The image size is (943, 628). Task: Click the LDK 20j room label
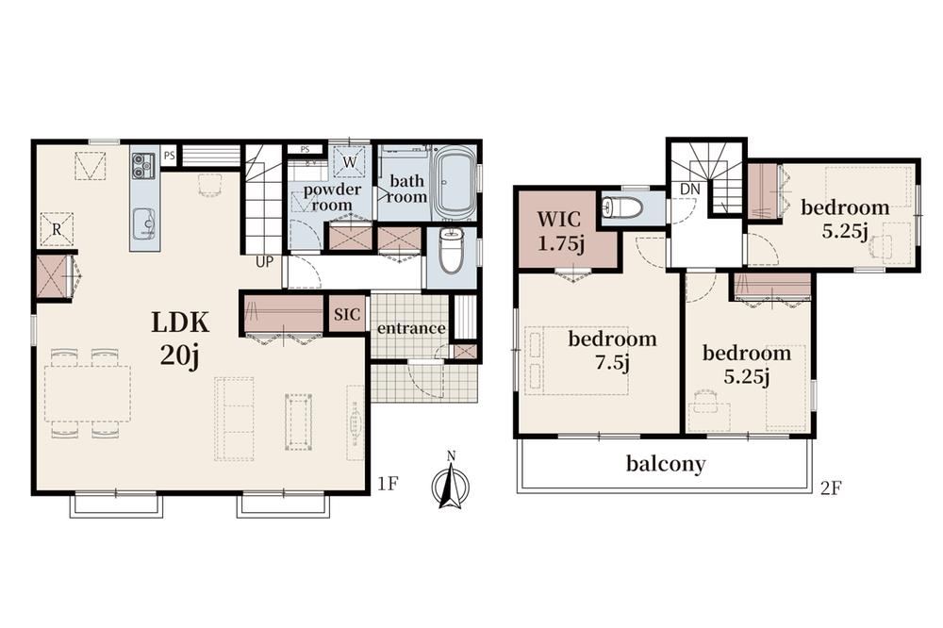coord(180,339)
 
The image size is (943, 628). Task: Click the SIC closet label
coord(347,314)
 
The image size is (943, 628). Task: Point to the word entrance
coord(411,328)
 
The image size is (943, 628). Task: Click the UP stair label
coord(265,263)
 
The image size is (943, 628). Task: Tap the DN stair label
coord(690,189)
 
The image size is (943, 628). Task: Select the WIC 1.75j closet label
coord(560,231)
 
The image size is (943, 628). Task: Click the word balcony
coord(666,464)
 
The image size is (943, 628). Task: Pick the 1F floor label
coord(389,484)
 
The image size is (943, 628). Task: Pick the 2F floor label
coord(831,488)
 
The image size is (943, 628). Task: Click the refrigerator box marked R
coord(57,229)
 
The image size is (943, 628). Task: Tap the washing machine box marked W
coord(350,161)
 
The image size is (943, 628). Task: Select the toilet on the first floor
coord(449,251)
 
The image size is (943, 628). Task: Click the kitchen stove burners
coord(143,165)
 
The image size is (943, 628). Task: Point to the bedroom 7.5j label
coord(612,350)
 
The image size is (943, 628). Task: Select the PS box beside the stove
coord(170,156)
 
